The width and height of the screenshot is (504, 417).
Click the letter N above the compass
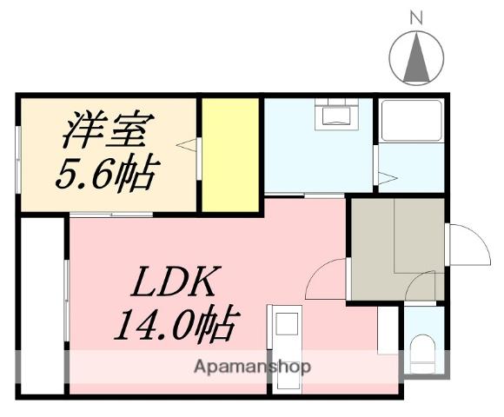point(416,17)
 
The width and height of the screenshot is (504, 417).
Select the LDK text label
point(177,283)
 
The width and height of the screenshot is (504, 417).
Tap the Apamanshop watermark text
point(252,366)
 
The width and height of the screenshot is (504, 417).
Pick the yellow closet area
point(230,155)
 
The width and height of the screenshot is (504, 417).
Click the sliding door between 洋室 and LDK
point(110,214)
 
